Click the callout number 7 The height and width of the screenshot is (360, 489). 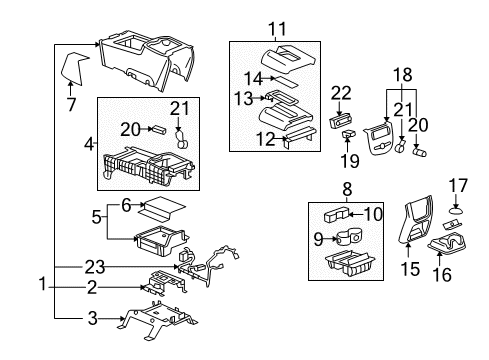click(69, 104)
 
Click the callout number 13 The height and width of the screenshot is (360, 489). click(253, 98)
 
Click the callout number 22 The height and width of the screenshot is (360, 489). click(342, 93)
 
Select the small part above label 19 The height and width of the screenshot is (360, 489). click(349, 132)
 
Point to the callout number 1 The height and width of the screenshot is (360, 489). click(42, 284)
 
